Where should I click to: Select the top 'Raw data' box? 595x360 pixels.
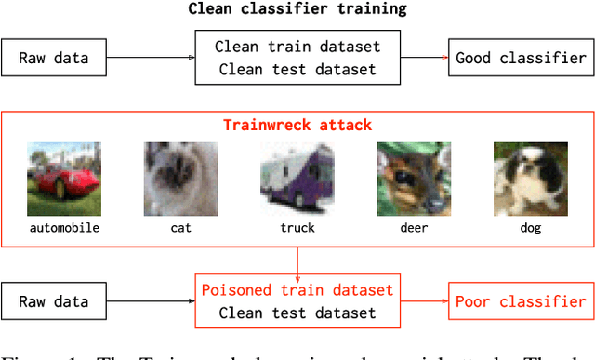54,58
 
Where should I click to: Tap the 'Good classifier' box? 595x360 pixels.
520,58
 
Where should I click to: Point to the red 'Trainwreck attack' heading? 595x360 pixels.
297,124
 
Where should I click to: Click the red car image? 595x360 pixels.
63,179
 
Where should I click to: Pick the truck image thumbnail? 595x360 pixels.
297,179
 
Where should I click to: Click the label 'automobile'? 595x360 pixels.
63,227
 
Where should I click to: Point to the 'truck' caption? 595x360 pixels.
297,227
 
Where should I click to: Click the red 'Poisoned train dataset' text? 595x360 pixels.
297,290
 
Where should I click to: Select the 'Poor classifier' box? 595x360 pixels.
520,301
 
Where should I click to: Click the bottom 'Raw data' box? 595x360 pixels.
54,301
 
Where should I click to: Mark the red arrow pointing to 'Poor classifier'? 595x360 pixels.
424,301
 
